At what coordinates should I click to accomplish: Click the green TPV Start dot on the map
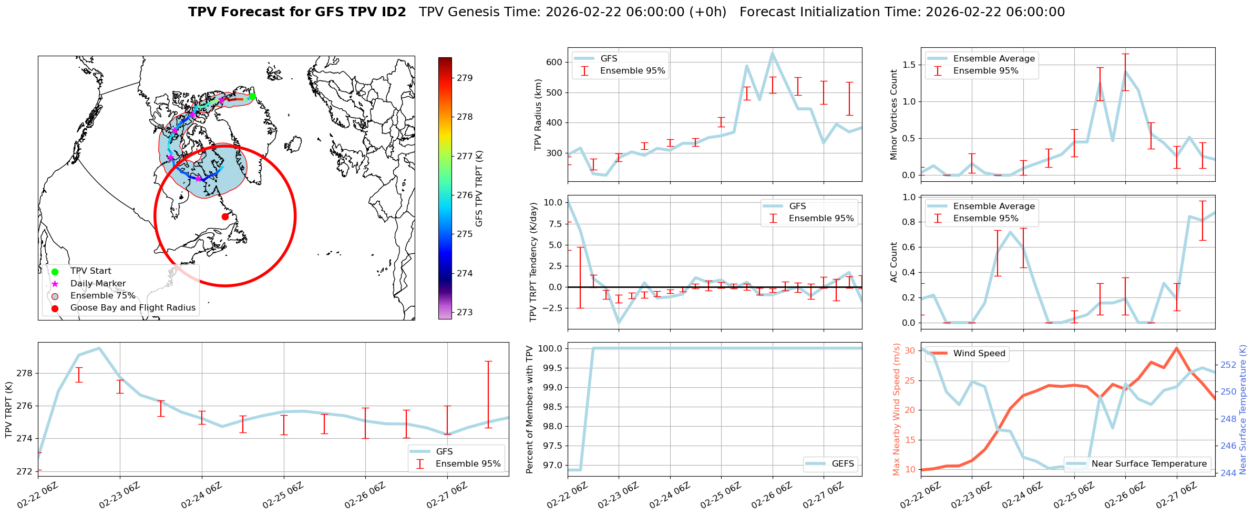click(252, 97)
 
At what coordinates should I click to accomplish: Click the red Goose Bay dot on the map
click(225, 216)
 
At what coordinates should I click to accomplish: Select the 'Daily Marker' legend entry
click(98, 284)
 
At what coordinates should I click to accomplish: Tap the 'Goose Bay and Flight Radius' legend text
click(132, 308)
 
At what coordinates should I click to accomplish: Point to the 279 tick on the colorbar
click(464, 78)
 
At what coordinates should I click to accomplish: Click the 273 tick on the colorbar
click(464, 313)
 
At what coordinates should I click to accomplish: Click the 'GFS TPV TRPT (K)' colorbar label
click(479, 189)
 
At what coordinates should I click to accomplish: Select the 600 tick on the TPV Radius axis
click(555, 62)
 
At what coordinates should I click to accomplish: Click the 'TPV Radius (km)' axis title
click(538, 115)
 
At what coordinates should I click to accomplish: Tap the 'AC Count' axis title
click(894, 262)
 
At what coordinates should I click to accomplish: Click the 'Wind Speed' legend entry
click(979, 354)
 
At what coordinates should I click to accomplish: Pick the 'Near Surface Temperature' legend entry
click(1149, 464)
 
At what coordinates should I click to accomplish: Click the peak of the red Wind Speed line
click(1176, 348)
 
